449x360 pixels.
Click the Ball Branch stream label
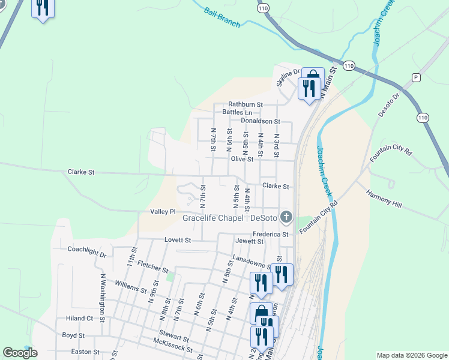coord(222,17)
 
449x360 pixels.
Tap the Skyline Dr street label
coord(288,77)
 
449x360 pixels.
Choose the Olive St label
coord(242,160)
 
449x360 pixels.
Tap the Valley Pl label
coord(163,212)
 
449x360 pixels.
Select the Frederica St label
coord(271,233)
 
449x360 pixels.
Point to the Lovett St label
coord(178,240)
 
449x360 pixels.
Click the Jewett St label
coord(250,241)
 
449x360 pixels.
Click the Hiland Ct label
coord(80,319)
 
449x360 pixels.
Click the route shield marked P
coord(416,78)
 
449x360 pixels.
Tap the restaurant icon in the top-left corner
coord(43,8)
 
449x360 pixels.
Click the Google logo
coord(20,353)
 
